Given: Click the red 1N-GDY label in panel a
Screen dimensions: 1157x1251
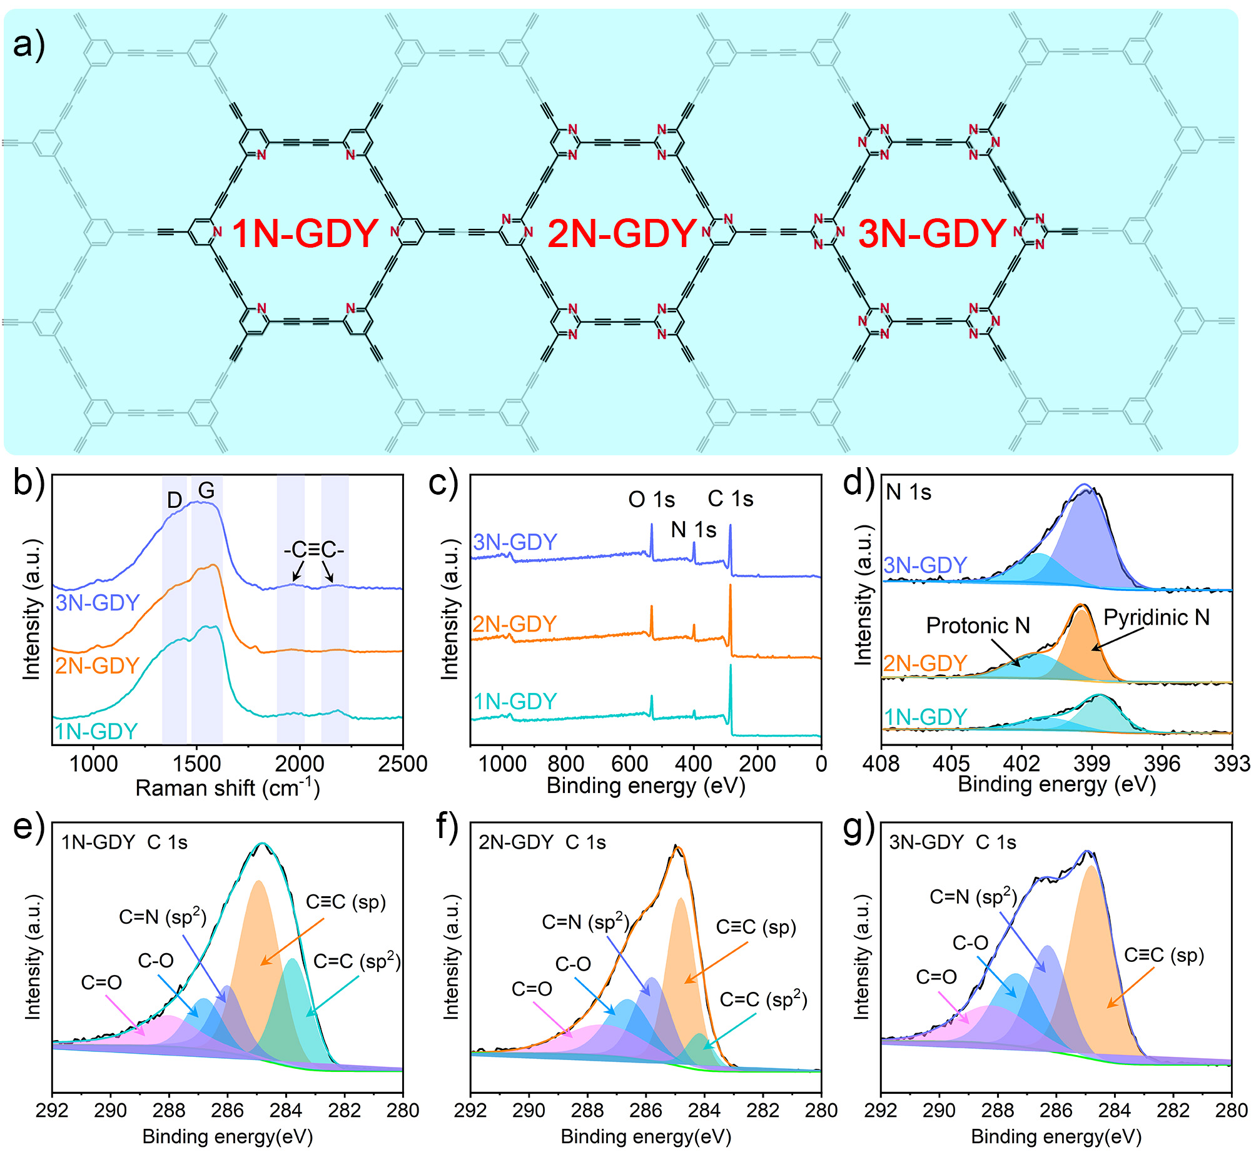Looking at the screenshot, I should tap(305, 233).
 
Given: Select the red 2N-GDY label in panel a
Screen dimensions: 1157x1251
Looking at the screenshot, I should tap(622, 233).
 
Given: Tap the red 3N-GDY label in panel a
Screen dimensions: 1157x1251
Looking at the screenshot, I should tap(931, 233).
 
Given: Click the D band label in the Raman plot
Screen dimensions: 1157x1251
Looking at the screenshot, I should tap(174, 500).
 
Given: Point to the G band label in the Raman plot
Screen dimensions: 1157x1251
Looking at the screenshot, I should tap(206, 490).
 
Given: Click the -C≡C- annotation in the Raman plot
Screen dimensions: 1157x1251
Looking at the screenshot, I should tap(314, 550).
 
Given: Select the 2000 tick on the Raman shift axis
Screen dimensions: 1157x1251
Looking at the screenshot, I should tap(300, 764).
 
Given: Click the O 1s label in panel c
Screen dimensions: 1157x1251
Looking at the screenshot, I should tap(651, 500).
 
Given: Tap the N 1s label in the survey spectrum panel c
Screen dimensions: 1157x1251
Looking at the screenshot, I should tap(693, 530).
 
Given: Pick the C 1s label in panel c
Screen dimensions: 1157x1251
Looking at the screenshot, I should tap(730, 499).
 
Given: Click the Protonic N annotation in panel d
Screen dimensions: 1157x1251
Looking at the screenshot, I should tap(978, 625).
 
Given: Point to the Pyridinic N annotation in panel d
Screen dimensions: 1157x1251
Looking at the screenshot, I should tap(1156, 617).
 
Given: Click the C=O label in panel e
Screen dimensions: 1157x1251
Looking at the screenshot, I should tap(101, 983).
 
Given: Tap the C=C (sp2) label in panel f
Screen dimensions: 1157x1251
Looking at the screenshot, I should tap(763, 1000).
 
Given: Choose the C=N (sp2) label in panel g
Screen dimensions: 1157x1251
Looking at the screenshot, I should tap(973, 897).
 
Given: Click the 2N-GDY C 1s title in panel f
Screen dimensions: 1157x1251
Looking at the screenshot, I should tap(542, 842).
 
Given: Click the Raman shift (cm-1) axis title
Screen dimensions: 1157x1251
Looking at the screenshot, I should tap(227, 787).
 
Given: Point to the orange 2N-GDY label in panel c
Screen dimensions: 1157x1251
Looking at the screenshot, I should tap(514, 624).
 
